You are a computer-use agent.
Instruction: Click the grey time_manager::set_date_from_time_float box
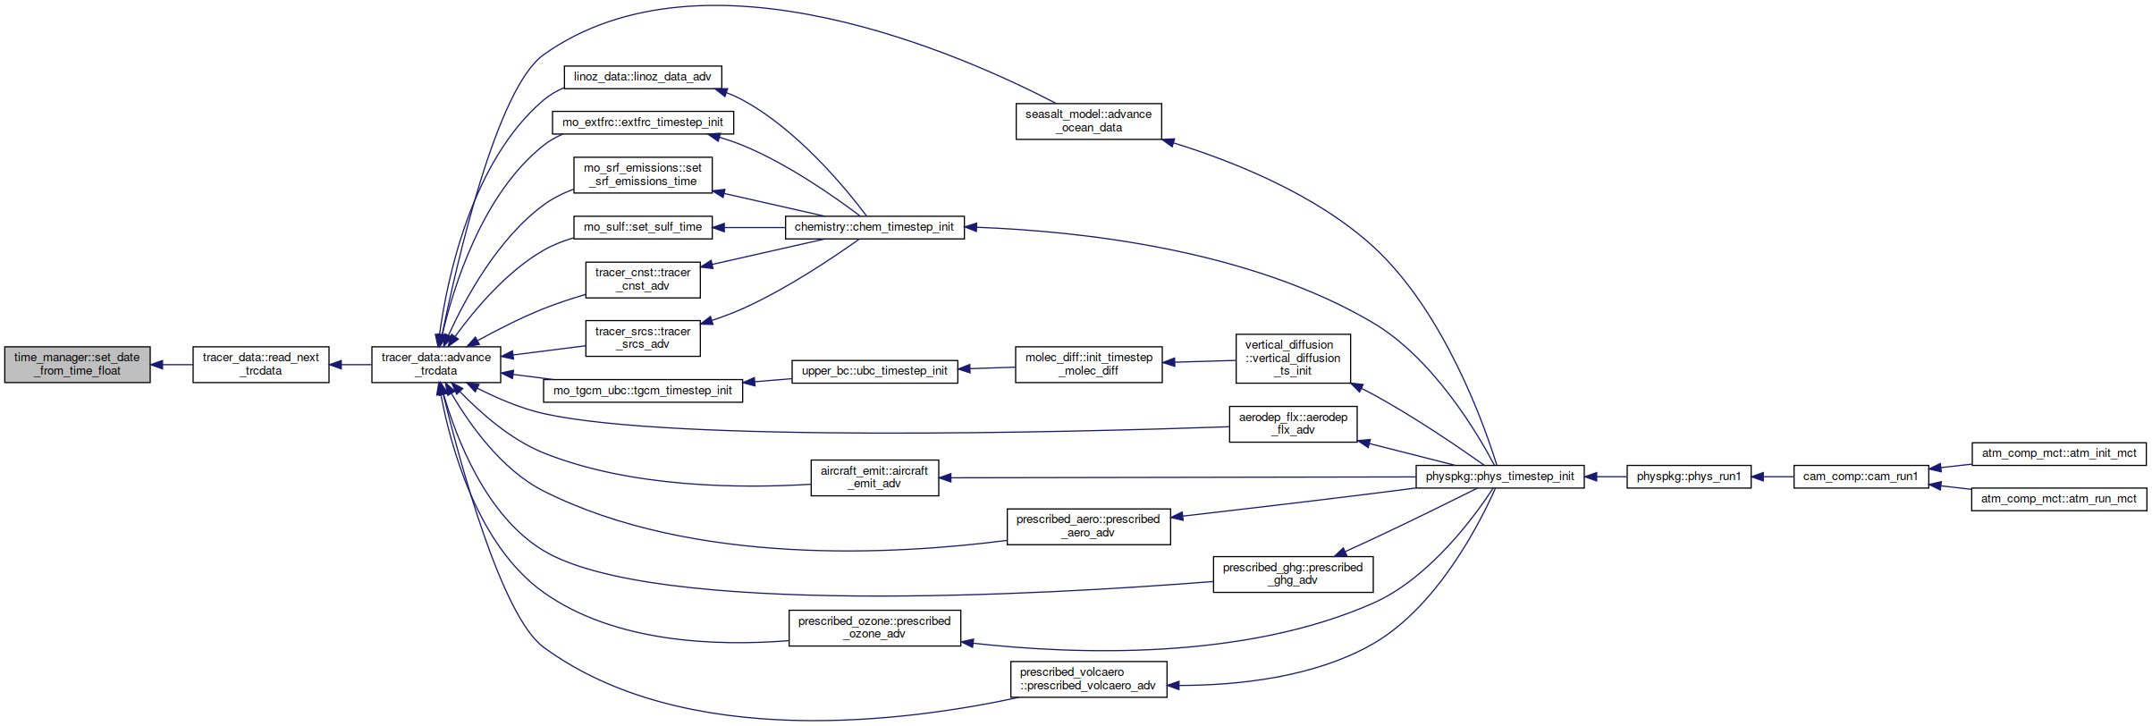[x=77, y=365]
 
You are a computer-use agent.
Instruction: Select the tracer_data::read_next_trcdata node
[x=261, y=365]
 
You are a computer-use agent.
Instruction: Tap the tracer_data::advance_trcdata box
[x=436, y=365]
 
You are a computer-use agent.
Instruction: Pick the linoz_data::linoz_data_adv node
[x=643, y=77]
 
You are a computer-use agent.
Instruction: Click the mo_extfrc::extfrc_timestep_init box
[x=643, y=122]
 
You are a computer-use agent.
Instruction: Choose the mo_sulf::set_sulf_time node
[x=643, y=227]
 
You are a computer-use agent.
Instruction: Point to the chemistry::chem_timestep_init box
[x=874, y=227]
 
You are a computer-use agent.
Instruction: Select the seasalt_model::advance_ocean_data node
[x=1089, y=122]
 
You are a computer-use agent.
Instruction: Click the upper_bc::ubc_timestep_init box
[x=874, y=371]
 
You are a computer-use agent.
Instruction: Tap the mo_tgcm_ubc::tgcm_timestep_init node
[x=643, y=391]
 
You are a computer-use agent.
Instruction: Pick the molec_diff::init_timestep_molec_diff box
[x=1089, y=365]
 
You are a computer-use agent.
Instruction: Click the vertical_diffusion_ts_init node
[x=1293, y=359]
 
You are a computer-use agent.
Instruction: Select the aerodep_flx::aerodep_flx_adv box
[x=1294, y=424]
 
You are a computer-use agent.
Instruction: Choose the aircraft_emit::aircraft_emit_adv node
[x=874, y=477]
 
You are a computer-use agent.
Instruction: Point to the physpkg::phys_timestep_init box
[x=1500, y=477]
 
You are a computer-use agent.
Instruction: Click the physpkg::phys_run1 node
[x=1689, y=477]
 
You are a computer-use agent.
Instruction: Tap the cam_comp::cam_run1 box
[x=1861, y=477]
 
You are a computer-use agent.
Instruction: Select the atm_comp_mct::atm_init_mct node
[x=2059, y=453]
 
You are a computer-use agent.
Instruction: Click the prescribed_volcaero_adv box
[x=1088, y=680]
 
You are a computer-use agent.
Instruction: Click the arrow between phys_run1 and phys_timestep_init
[x=1606, y=477]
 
